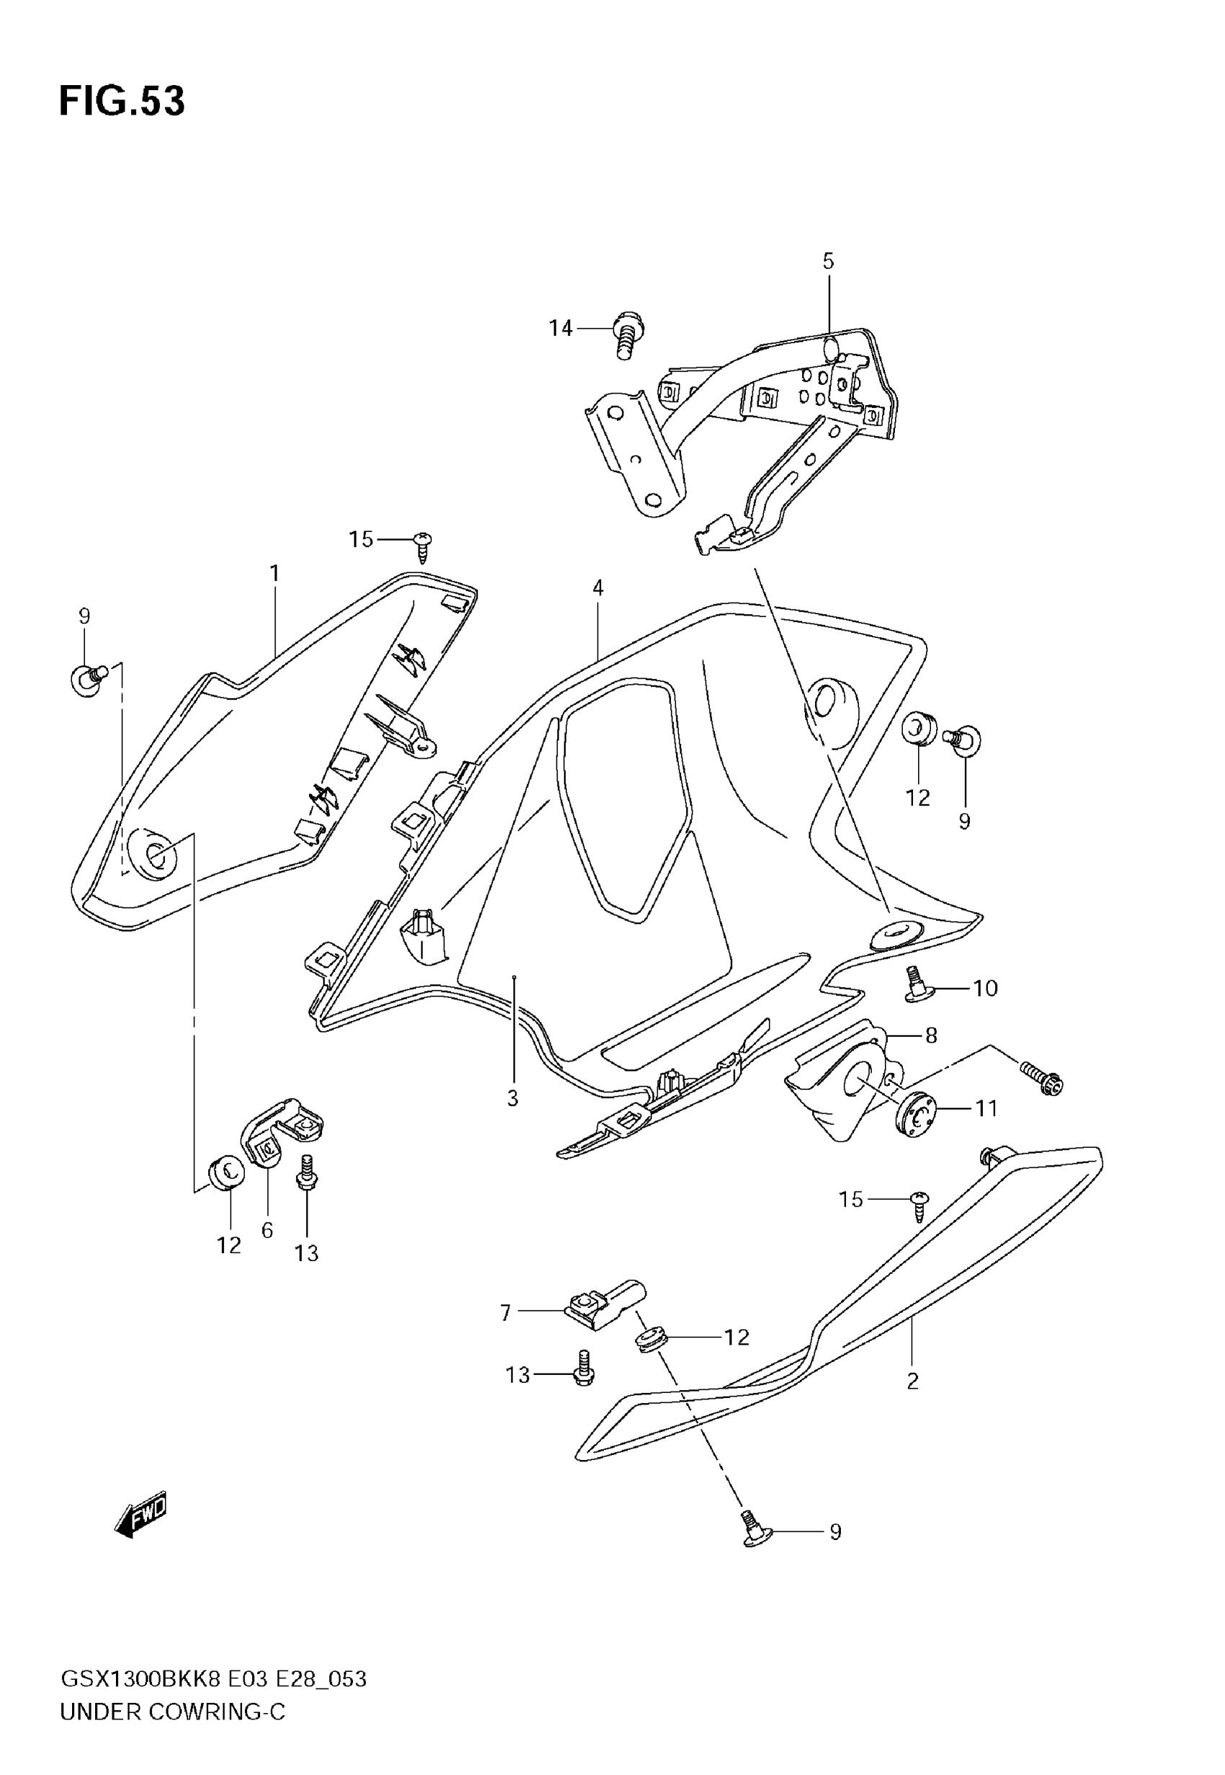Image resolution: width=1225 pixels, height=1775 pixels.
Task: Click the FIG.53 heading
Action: coord(121,102)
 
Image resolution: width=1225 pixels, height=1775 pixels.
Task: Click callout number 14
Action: coord(561,329)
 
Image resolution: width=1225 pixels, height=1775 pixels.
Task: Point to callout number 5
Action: coord(828,261)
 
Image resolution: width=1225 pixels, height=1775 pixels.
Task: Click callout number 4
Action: coord(598,588)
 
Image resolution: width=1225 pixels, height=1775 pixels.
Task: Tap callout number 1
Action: coord(274,573)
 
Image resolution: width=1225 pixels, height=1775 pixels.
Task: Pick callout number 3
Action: coord(513,1099)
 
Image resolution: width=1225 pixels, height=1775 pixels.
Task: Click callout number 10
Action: coord(986,988)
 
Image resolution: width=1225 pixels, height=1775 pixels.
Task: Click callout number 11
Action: coord(986,1109)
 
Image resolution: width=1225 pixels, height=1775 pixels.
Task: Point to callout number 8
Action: coord(931,1036)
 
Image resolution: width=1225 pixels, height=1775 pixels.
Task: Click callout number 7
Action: coord(505,1313)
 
